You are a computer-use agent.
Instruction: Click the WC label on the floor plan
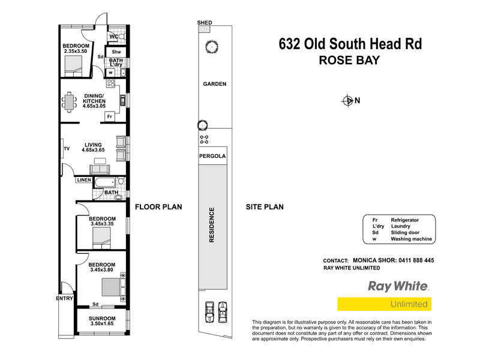tap(113, 37)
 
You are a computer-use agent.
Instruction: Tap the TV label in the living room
tap(66, 148)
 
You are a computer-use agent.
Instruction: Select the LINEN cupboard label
tap(84, 180)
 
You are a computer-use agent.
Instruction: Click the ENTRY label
tap(64, 298)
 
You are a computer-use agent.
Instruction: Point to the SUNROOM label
tap(101, 317)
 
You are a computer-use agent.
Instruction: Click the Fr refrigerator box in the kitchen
tap(110, 116)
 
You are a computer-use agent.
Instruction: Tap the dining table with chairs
tap(71, 101)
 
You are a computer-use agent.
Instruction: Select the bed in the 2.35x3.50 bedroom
tap(74, 70)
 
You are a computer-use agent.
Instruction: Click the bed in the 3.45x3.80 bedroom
tap(110, 287)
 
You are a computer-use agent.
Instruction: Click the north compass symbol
tap(347, 100)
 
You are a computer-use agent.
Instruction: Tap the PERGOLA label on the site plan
tap(212, 156)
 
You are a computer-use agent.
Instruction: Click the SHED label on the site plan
tap(205, 22)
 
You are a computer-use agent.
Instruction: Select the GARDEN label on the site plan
tap(214, 84)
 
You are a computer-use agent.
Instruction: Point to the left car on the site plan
tap(209, 311)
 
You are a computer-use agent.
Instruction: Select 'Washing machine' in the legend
tap(411, 239)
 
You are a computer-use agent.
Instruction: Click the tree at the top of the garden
tap(211, 46)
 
